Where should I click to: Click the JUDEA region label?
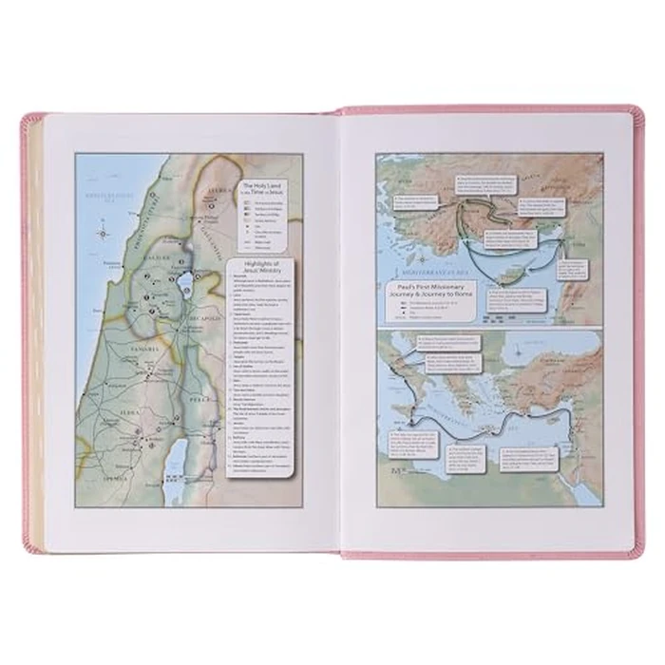132,414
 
